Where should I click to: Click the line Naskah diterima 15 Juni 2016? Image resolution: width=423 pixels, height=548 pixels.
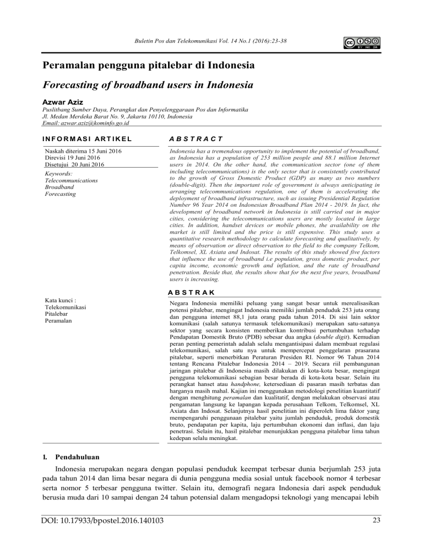point(83,150)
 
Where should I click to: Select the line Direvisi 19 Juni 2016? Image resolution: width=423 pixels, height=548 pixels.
point(71,157)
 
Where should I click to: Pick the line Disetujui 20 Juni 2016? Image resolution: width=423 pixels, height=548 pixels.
point(72,164)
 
